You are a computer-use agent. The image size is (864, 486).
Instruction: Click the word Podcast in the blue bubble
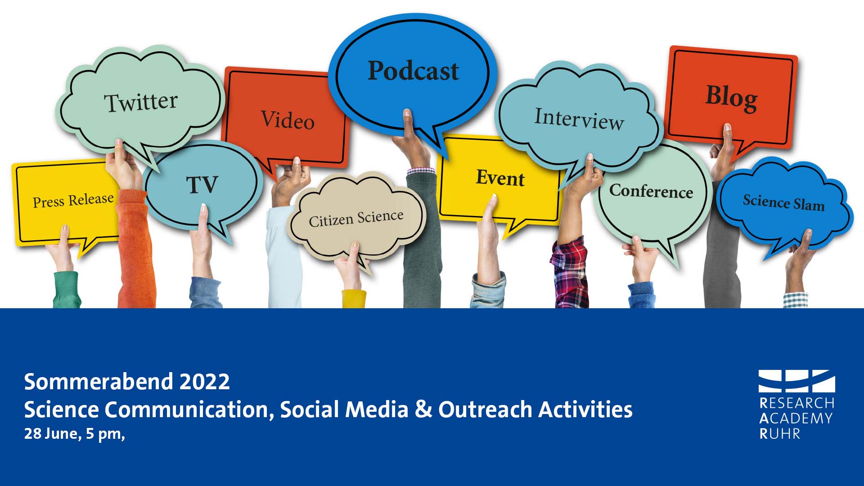click(x=414, y=71)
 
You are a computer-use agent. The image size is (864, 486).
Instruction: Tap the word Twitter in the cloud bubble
click(x=141, y=102)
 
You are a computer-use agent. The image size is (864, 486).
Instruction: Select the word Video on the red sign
click(x=288, y=120)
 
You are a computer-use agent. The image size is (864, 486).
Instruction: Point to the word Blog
click(x=731, y=98)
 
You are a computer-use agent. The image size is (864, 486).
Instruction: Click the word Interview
click(x=579, y=118)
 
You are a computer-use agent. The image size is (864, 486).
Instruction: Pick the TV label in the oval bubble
click(x=202, y=184)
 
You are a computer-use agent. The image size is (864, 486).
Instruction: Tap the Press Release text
click(x=73, y=200)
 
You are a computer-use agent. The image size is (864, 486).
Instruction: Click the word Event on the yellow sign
click(x=500, y=178)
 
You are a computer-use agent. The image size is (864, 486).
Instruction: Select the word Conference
click(x=651, y=191)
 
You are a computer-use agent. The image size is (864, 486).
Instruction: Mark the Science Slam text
click(x=783, y=202)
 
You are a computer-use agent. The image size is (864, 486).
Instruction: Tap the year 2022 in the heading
click(x=205, y=382)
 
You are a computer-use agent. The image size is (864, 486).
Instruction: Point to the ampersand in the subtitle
click(x=423, y=409)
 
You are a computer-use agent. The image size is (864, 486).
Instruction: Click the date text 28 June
click(x=51, y=434)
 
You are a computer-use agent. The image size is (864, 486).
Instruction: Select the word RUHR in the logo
click(x=780, y=434)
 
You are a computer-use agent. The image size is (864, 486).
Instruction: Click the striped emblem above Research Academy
click(x=796, y=381)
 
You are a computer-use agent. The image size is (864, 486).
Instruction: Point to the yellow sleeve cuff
click(x=354, y=299)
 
